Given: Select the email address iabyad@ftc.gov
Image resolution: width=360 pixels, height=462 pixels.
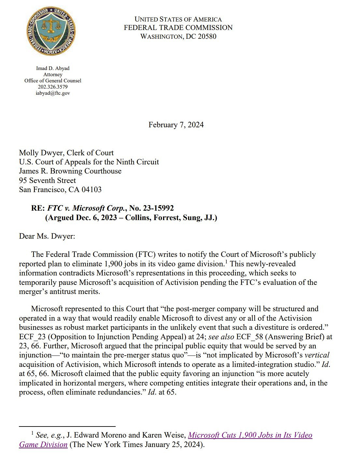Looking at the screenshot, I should pyautogui.click(x=53, y=93).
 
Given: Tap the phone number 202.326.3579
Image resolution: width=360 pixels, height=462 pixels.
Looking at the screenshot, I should pyautogui.click(x=53, y=87).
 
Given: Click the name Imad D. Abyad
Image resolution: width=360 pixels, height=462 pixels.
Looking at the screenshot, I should pyautogui.click(x=53, y=68).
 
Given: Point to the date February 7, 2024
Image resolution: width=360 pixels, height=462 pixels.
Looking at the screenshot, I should pyautogui.click(x=176, y=125).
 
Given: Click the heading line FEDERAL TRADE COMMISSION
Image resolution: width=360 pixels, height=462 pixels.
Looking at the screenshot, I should pyautogui.click(x=178, y=28).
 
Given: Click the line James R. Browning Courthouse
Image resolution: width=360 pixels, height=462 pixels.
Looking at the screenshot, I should pyautogui.click(x=70, y=171).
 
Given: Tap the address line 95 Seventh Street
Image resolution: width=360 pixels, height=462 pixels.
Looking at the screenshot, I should pyautogui.click(x=47, y=181).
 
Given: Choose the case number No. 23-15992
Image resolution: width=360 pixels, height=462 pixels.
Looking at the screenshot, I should pyautogui.click(x=151, y=208).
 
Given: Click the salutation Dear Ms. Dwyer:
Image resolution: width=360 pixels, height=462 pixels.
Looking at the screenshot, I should pyautogui.click(x=47, y=236).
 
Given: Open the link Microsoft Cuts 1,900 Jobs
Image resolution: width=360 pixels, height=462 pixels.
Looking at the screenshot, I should pyautogui.click(x=250, y=435).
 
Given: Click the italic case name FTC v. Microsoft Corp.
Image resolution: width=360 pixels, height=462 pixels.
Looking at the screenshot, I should pyautogui.click(x=87, y=208).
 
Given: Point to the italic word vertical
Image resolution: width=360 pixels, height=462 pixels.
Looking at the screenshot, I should pyautogui.click(x=317, y=355).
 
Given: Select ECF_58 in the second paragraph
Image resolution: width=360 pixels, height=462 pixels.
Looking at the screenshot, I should pyautogui.click(x=249, y=337).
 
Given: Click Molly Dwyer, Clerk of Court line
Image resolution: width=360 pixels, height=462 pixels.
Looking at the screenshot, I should pyautogui.click(x=66, y=153).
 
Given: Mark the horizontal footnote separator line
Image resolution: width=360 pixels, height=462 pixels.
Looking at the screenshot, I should pyautogui.click(x=67, y=426).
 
